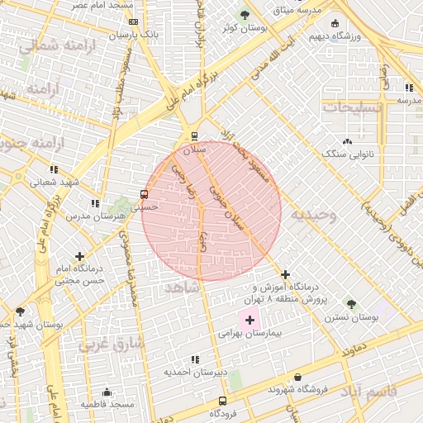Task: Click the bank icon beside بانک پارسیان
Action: [135, 22]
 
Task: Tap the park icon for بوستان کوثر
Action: [245, 15]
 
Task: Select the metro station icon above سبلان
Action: [194, 136]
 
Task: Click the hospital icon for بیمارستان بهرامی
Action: [250, 319]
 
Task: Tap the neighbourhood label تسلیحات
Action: [353, 107]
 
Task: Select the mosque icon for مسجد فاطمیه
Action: [107, 392]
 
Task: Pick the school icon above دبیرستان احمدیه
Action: [195, 359]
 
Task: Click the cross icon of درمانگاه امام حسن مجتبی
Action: [79, 257]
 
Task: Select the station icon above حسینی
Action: [145, 195]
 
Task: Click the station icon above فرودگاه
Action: [220, 401]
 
